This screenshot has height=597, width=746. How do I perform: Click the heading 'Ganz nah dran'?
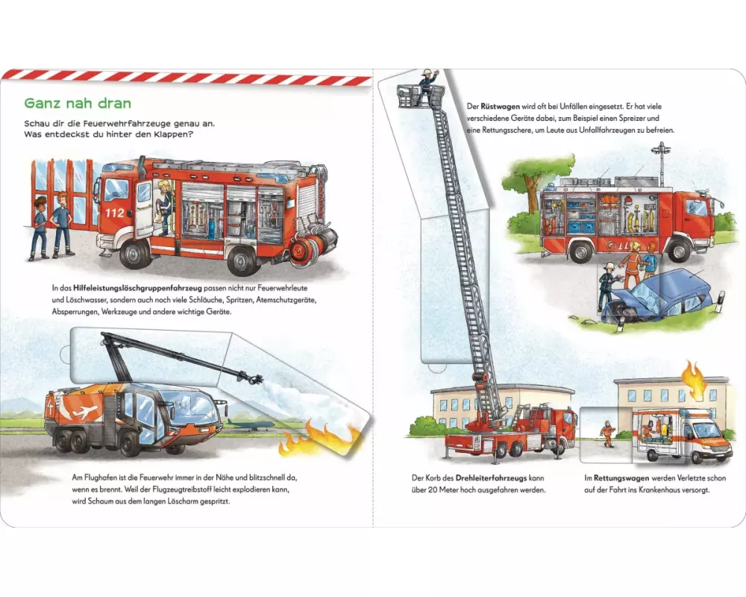pyautogui.click(x=78, y=103)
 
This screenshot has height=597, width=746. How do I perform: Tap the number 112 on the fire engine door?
pyautogui.click(x=114, y=213)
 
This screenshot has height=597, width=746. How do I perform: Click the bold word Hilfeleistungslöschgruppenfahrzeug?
pyautogui.click(x=137, y=288)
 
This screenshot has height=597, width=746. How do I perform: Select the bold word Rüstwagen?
pyautogui.click(x=500, y=107)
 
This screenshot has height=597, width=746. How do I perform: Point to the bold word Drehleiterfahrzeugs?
pyautogui.click(x=491, y=478)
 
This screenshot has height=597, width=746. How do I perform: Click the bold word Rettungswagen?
pyautogui.click(x=621, y=478)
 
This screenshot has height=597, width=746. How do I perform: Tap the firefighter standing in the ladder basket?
pyautogui.click(x=426, y=87)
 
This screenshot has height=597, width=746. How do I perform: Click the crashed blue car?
pyautogui.click(x=656, y=296)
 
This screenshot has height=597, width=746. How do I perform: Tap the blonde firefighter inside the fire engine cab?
pyautogui.click(x=164, y=208)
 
